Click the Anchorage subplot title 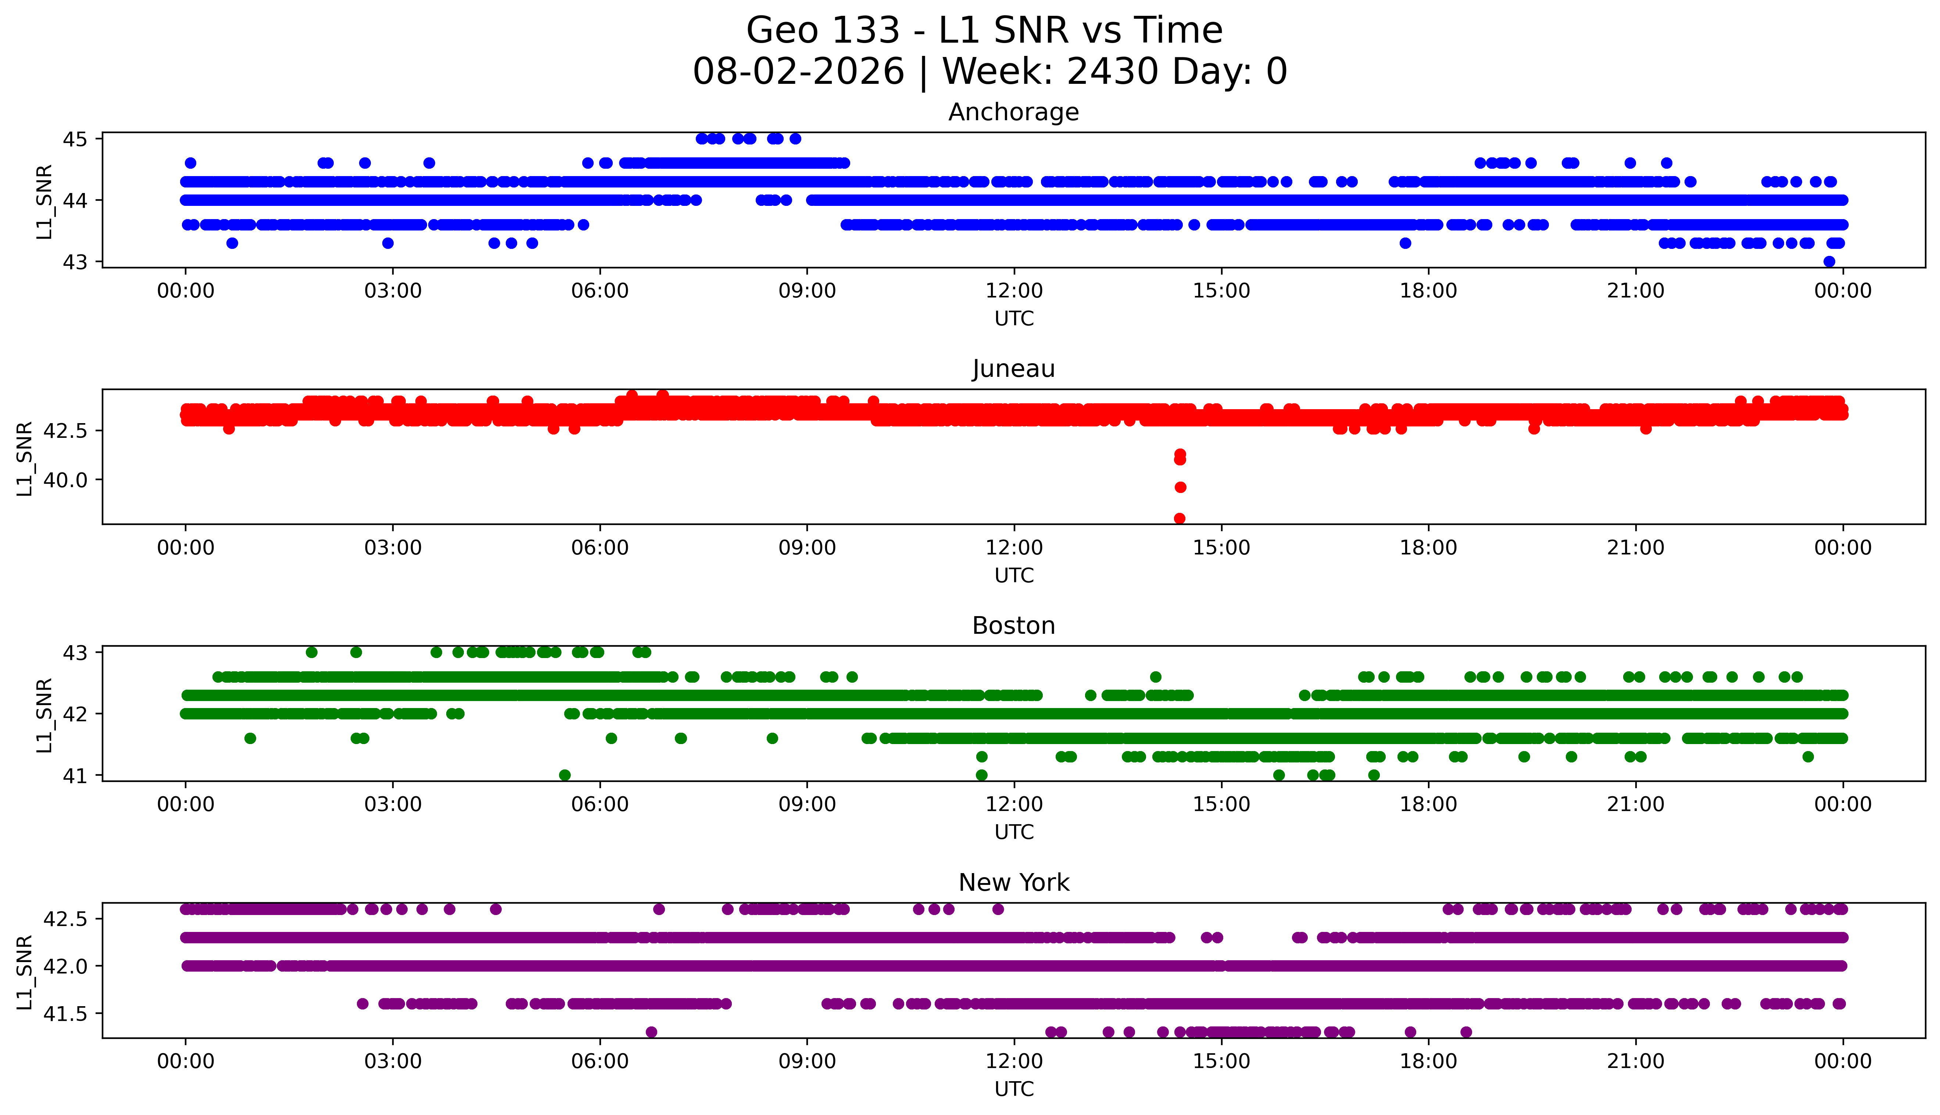[1014, 112]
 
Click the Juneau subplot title [1014, 369]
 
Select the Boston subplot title [1014, 626]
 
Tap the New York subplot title [1014, 883]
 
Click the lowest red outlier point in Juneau [1180, 518]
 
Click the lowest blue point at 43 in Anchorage [1829, 261]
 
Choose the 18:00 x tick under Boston [1429, 804]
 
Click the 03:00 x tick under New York [393, 1061]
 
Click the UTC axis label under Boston [1014, 832]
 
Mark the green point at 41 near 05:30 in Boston [565, 775]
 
